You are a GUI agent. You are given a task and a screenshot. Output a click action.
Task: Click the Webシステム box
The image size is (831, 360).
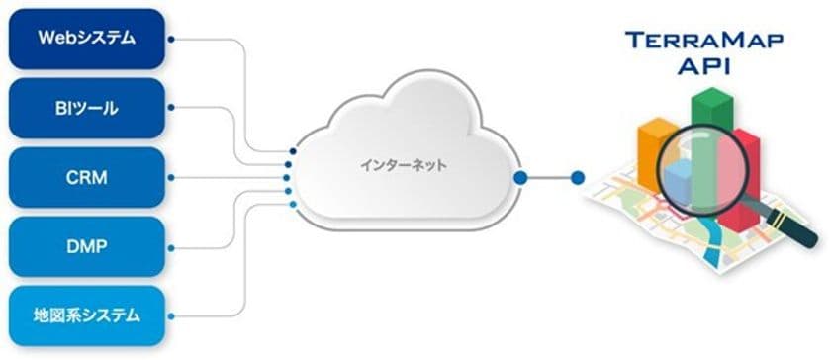click(86, 39)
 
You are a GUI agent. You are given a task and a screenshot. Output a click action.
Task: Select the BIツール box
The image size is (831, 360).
click(86, 109)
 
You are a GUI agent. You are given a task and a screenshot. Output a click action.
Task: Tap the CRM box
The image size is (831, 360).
click(86, 178)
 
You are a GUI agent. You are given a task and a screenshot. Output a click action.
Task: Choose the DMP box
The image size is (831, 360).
click(86, 247)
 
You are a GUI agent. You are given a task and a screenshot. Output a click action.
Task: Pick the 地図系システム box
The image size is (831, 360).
click(86, 316)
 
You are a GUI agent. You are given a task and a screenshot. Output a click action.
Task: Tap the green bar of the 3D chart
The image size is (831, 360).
click(711, 119)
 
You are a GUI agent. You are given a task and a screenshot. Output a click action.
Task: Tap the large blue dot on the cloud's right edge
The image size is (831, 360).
click(520, 178)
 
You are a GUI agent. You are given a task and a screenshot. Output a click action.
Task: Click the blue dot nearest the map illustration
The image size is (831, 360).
click(579, 178)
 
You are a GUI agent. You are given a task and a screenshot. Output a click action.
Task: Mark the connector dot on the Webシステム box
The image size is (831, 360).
click(171, 40)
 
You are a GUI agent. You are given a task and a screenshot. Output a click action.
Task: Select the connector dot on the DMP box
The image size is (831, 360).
click(171, 247)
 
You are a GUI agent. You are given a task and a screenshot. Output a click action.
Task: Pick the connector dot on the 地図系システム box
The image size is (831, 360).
click(171, 316)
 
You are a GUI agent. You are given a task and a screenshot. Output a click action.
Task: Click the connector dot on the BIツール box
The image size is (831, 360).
click(171, 109)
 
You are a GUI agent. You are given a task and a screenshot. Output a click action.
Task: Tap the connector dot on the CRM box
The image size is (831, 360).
click(171, 178)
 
